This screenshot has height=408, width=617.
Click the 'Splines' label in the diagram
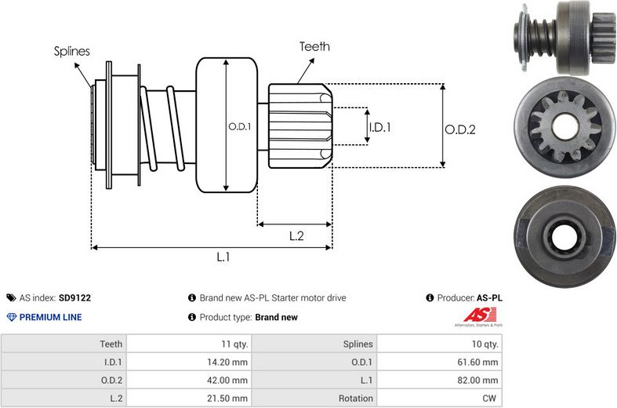click(71, 52)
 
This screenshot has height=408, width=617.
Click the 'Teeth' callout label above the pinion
click(314, 46)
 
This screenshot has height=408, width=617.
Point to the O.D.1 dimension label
click(239, 126)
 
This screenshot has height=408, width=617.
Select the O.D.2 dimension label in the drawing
click(460, 130)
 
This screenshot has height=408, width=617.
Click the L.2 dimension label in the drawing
click(296, 235)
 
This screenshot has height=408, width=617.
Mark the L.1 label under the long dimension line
click(223, 257)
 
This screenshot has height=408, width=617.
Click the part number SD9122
click(74, 298)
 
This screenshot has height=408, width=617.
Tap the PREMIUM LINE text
click(50, 318)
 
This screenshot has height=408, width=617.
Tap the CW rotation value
click(489, 399)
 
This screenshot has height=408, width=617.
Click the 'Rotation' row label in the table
click(357, 399)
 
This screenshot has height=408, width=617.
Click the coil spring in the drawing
click(165, 126)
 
